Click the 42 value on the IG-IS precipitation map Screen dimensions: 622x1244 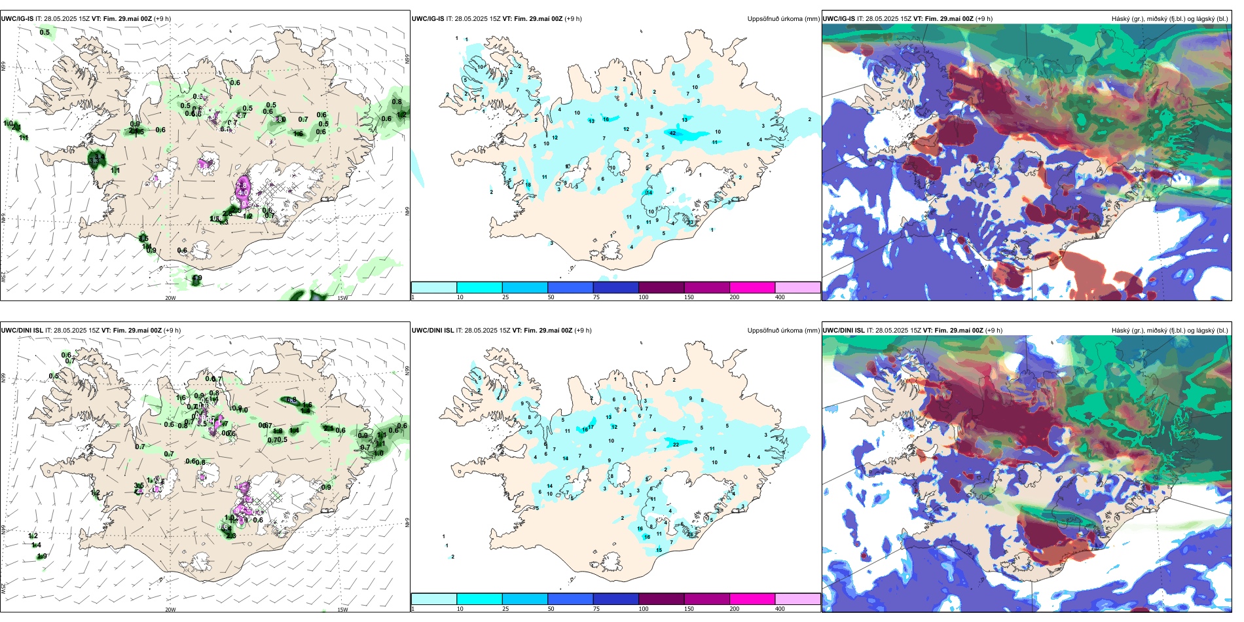point(673,133)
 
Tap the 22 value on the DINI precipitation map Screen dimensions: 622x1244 point(676,445)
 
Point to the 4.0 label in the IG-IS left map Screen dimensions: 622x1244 point(243,193)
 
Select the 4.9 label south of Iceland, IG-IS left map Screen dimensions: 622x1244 point(197,278)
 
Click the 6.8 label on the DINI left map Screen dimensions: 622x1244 point(291,400)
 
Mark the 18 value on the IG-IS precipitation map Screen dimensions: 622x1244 point(528,185)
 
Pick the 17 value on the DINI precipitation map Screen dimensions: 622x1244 point(591,427)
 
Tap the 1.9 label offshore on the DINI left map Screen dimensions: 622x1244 point(42,557)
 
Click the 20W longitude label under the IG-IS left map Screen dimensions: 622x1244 point(170,298)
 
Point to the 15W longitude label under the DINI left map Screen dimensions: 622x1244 point(342,610)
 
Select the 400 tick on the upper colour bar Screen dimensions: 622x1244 point(780,297)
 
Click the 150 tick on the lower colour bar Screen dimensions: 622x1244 point(689,609)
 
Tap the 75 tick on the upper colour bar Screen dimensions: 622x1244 point(596,297)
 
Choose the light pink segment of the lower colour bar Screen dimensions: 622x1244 point(797,599)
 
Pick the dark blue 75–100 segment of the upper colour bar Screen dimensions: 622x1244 point(615,287)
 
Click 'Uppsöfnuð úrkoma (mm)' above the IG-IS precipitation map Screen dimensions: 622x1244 point(783,19)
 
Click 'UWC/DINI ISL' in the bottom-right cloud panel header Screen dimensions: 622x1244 point(843,331)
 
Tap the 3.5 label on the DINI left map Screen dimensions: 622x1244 point(139,486)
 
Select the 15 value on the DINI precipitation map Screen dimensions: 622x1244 point(659,550)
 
